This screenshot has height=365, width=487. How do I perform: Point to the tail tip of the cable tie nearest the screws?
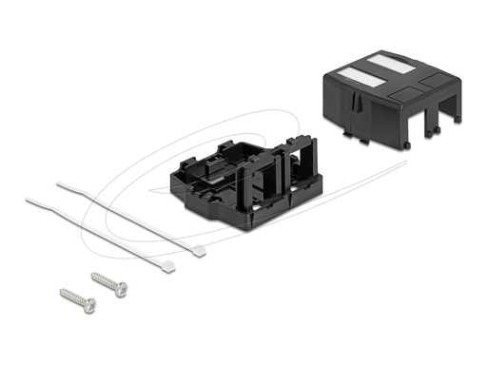[27, 199]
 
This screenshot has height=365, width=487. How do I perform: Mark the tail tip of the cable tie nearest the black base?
[59, 183]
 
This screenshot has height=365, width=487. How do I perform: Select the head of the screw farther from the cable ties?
[90, 305]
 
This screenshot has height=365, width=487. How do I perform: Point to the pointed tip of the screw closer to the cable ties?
[93, 276]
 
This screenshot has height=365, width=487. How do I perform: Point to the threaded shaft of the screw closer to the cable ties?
[106, 282]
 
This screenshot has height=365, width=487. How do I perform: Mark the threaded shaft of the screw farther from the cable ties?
[75, 298]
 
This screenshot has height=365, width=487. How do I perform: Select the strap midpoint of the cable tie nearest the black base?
[128, 217]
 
